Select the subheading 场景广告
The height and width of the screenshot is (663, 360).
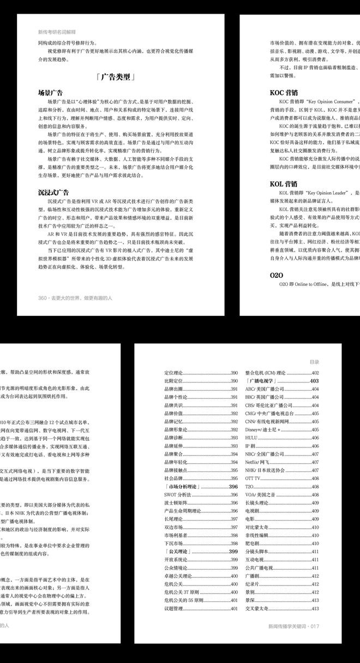[50, 93]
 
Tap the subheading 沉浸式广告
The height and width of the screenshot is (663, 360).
[53, 193]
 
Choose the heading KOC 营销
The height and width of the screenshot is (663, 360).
[284, 92]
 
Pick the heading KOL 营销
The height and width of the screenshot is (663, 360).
[284, 184]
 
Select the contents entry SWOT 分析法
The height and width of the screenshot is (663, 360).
[177, 495]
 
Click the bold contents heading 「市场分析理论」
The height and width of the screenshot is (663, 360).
[183, 487]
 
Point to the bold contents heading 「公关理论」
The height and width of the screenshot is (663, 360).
[177, 552]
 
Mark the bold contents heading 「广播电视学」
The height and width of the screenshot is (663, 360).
[263, 381]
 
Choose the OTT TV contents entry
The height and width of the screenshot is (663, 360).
[254, 479]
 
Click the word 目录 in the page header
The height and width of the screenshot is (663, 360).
[314, 362]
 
